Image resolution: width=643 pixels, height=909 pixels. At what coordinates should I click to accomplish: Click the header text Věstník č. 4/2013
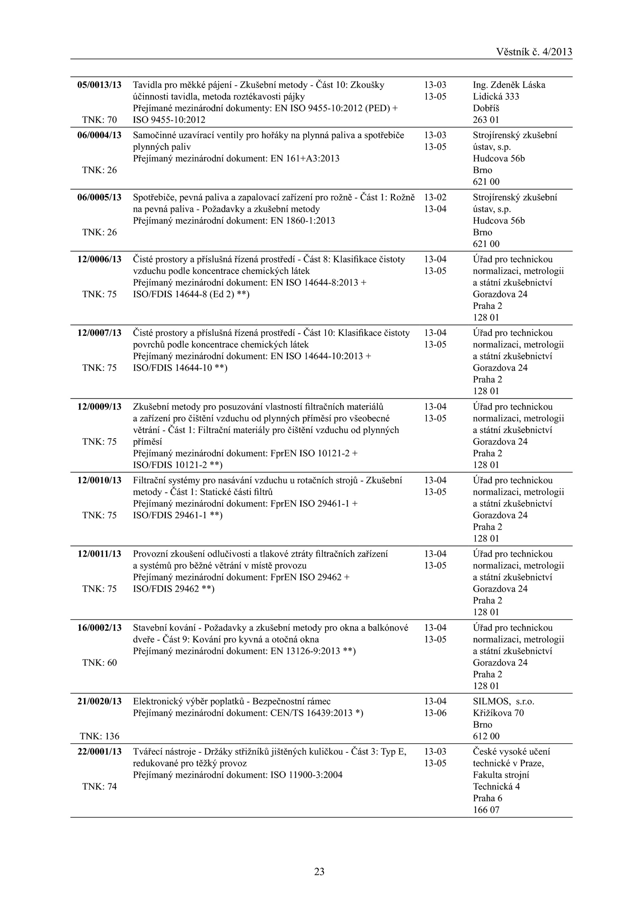(534, 52)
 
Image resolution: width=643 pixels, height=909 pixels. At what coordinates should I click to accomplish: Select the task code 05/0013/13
(99, 85)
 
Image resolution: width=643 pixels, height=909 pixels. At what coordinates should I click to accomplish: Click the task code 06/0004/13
(99, 135)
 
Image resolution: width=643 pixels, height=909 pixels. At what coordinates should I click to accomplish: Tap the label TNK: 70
(99, 120)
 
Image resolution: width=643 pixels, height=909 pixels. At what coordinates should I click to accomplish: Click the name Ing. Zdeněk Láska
(509, 85)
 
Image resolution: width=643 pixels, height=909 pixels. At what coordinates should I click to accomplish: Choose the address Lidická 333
(496, 96)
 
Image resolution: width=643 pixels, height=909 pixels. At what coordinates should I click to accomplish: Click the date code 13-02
(435, 198)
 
